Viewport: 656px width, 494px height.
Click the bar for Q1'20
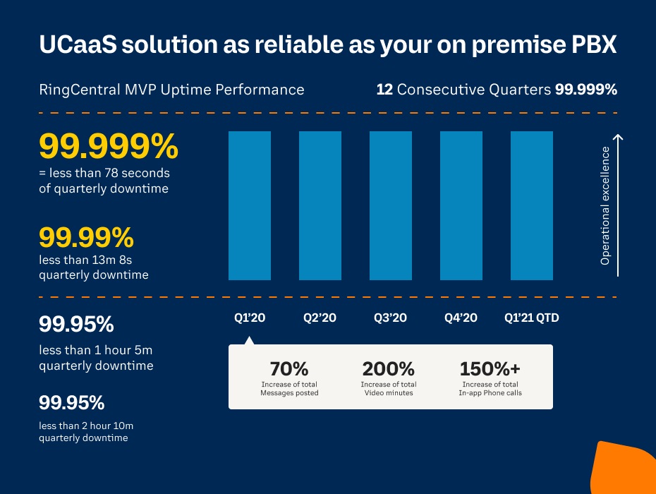250,206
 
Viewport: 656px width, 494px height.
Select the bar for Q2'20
320,206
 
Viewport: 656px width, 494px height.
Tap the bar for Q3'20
391,206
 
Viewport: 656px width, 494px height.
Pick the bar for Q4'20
461,206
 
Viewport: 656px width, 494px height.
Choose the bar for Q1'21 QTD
532,206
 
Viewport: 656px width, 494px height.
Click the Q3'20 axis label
390,318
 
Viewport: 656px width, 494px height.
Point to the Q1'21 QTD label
531,318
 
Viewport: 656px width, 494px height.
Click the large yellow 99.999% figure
109,147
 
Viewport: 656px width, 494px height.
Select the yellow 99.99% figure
86,237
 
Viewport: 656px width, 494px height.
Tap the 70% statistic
289,368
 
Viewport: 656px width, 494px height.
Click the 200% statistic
388,368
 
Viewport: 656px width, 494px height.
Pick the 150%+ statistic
490,368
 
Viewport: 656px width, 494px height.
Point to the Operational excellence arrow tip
618,136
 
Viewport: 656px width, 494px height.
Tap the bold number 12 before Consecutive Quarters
384,90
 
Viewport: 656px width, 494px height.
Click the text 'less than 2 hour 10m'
85,426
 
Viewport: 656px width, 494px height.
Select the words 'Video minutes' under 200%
388,392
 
